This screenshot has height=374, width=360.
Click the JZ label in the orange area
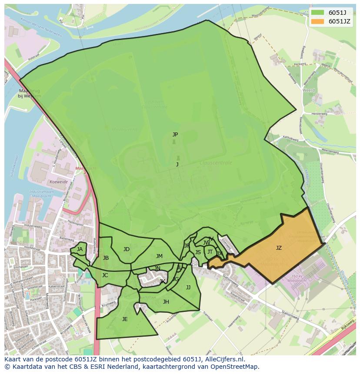coord(279,248)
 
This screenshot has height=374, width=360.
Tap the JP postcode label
coord(175,135)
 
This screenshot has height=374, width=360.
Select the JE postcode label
coord(125,319)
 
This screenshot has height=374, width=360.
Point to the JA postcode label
coord(80,249)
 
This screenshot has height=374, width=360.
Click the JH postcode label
coord(166,302)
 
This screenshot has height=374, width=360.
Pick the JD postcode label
coord(126,249)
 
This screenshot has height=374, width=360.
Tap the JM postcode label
coord(159,256)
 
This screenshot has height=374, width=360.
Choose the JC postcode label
coord(105,275)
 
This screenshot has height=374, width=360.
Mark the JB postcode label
coord(106,258)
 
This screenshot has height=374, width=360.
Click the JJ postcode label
coord(188,287)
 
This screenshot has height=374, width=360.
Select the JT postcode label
coord(210,252)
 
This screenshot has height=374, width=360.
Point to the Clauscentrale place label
coord(216,163)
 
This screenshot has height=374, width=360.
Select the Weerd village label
coord(308,90)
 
